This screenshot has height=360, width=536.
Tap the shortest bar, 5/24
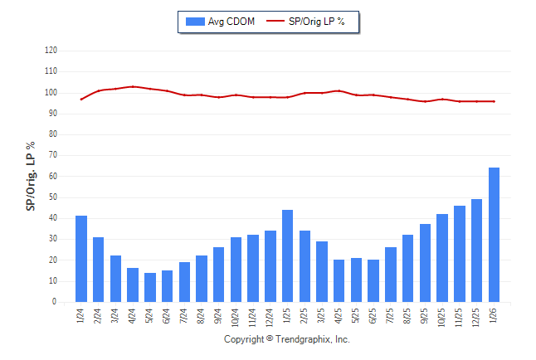pos(150,287)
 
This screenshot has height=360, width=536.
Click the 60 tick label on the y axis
pos(52,177)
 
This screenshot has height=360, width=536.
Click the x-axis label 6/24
pos(168,316)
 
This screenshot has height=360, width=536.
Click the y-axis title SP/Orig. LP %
pos(31,176)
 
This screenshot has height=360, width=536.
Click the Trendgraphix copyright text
pos(287,340)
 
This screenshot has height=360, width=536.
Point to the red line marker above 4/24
pos(133,86)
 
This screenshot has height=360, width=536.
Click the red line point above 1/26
pos(495,101)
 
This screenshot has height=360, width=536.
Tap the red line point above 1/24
pos(81,99)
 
